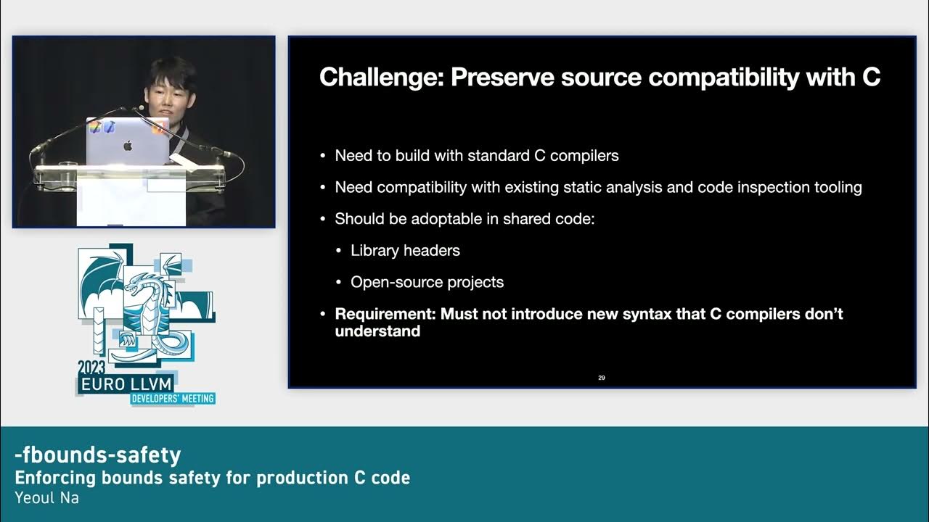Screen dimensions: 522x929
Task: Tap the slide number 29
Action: pos(602,378)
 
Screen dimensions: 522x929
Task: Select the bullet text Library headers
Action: pos(405,250)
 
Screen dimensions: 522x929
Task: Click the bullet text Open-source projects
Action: pos(427,282)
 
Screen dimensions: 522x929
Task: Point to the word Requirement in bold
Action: pos(385,314)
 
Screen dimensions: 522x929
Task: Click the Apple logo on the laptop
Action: pos(128,146)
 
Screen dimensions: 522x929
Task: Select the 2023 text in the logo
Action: pos(91,368)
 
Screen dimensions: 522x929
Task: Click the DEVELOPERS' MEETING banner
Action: pos(173,399)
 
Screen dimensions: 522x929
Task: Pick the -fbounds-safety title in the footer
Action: pos(98,455)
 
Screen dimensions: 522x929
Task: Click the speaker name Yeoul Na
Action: pos(46,498)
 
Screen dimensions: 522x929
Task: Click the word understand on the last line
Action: pos(377,331)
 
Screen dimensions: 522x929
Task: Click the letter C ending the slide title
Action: pos(871,77)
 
